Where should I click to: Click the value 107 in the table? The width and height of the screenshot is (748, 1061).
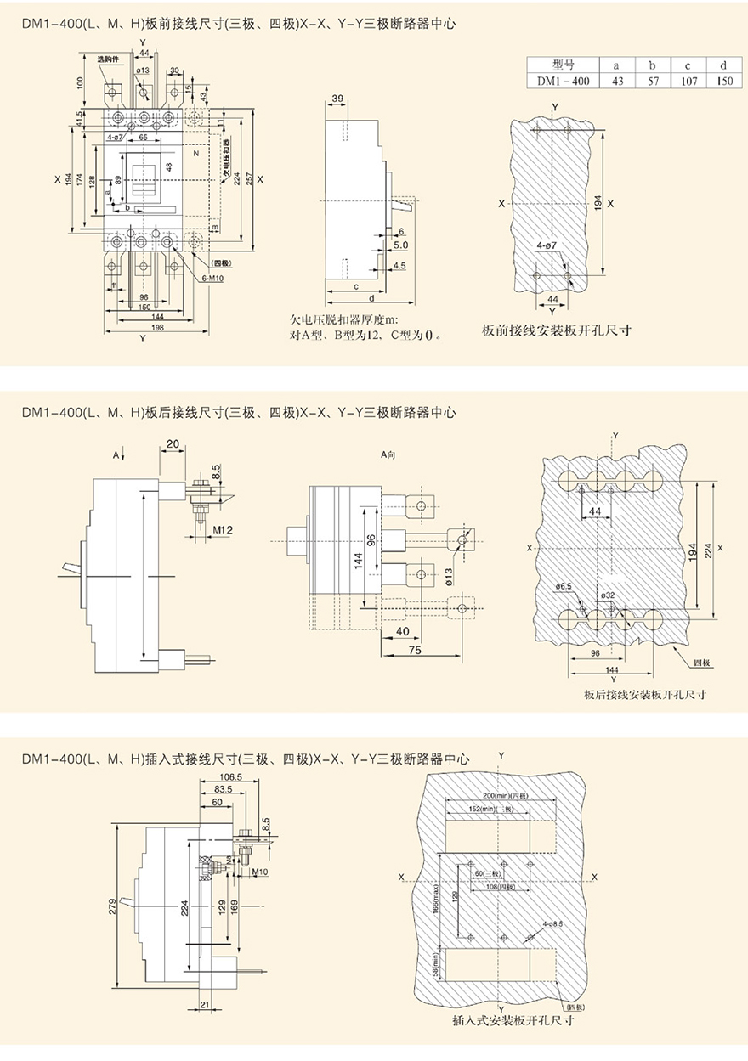click(689, 81)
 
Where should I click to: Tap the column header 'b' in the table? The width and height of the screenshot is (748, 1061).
click(652, 65)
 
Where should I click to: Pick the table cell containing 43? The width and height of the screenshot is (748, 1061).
click(615, 81)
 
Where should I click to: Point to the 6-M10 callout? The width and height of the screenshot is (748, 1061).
click(213, 279)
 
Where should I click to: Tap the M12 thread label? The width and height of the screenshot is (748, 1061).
click(224, 530)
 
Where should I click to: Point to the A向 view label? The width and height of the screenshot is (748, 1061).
click(389, 456)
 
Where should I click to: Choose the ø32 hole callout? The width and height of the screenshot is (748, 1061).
click(607, 595)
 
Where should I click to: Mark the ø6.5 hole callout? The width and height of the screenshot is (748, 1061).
click(563, 587)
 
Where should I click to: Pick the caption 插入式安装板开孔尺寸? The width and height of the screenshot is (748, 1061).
click(502, 1021)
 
